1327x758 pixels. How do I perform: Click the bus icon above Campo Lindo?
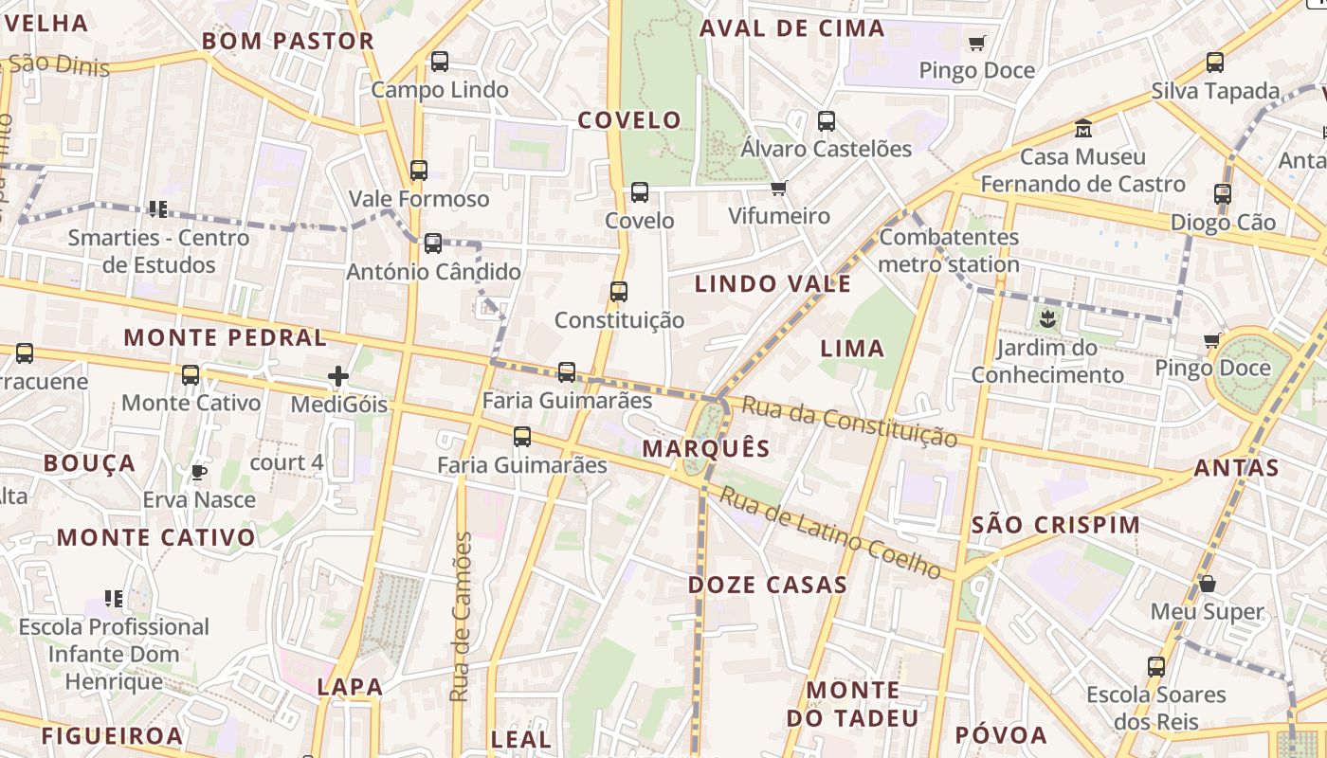[440, 62]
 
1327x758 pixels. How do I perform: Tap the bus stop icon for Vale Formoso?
[419, 171]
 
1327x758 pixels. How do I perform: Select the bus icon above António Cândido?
[433, 244]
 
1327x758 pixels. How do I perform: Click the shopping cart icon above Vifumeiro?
[779, 188]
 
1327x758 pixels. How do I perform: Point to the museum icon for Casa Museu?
[1082, 128]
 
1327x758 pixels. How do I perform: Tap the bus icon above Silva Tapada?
[1215, 63]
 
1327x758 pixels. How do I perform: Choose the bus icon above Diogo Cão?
[1223, 194]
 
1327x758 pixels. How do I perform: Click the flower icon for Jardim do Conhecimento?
[1047, 317]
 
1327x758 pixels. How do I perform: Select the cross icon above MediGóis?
[338, 377]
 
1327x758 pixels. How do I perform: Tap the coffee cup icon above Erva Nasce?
[198, 472]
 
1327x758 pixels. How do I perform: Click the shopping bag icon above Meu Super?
[1208, 584]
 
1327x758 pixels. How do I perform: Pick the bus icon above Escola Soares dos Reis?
[1156, 666]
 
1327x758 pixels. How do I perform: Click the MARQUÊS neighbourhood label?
[706, 448]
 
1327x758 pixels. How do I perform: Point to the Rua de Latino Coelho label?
[830, 532]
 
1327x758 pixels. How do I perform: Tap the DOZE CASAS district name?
[768, 585]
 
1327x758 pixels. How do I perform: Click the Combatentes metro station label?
[949, 250]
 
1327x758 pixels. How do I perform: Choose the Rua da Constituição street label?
[849, 422]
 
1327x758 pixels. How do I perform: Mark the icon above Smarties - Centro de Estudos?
[157, 208]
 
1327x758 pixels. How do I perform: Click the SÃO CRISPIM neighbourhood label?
[1056, 525]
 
